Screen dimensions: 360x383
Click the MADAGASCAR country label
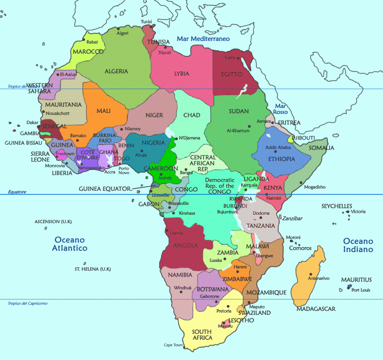click(316, 309)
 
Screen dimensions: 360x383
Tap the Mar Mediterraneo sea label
click(203, 39)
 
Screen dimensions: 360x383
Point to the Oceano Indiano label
click(358, 245)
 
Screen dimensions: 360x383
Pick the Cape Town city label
click(173, 345)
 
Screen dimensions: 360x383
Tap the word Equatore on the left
click(17, 192)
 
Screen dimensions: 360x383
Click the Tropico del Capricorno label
click(27, 303)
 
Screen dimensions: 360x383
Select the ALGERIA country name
click(116, 71)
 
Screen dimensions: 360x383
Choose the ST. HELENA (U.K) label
click(93, 269)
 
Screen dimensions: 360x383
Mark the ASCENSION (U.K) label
click(53, 221)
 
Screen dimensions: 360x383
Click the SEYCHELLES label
click(337, 206)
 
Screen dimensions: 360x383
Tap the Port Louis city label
click(361, 290)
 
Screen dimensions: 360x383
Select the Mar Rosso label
click(281, 109)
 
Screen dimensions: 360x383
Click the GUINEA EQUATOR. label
click(106, 189)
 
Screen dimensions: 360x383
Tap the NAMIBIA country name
click(180, 275)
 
